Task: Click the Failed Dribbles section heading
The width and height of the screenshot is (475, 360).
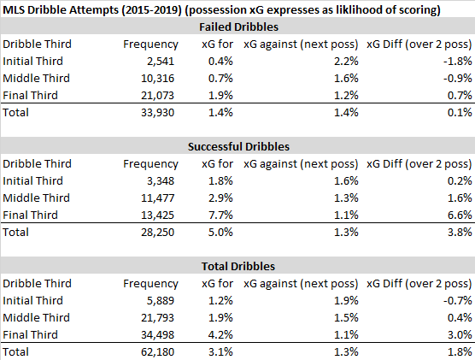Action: click(x=238, y=27)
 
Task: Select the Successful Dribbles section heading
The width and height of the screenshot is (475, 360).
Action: click(x=238, y=147)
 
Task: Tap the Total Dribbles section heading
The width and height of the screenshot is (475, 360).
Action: click(x=238, y=266)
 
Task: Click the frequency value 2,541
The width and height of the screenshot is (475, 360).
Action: click(x=161, y=62)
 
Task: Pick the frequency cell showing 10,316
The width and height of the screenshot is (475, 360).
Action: click(x=157, y=79)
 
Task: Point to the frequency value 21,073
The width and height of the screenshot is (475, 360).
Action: click(x=157, y=96)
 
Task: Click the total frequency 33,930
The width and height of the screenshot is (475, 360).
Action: click(x=157, y=113)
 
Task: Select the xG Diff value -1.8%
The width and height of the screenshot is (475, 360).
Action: click(x=457, y=62)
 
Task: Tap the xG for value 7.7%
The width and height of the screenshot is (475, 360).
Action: click(x=220, y=215)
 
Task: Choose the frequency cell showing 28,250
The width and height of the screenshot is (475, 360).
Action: click(x=157, y=233)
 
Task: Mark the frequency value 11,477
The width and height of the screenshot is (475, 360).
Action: click(x=157, y=198)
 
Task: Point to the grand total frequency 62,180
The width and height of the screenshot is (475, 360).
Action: click(x=157, y=351)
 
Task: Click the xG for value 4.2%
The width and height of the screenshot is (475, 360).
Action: click(x=220, y=335)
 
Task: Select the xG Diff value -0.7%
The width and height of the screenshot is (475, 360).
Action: click(x=457, y=300)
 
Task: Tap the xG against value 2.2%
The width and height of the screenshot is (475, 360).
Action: click(x=346, y=62)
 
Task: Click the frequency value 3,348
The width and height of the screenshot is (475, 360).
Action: click(x=161, y=181)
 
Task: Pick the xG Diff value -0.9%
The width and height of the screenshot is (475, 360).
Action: click(x=457, y=79)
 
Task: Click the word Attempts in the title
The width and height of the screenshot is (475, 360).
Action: click(x=94, y=10)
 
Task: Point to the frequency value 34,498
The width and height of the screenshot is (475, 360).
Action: click(x=157, y=335)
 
